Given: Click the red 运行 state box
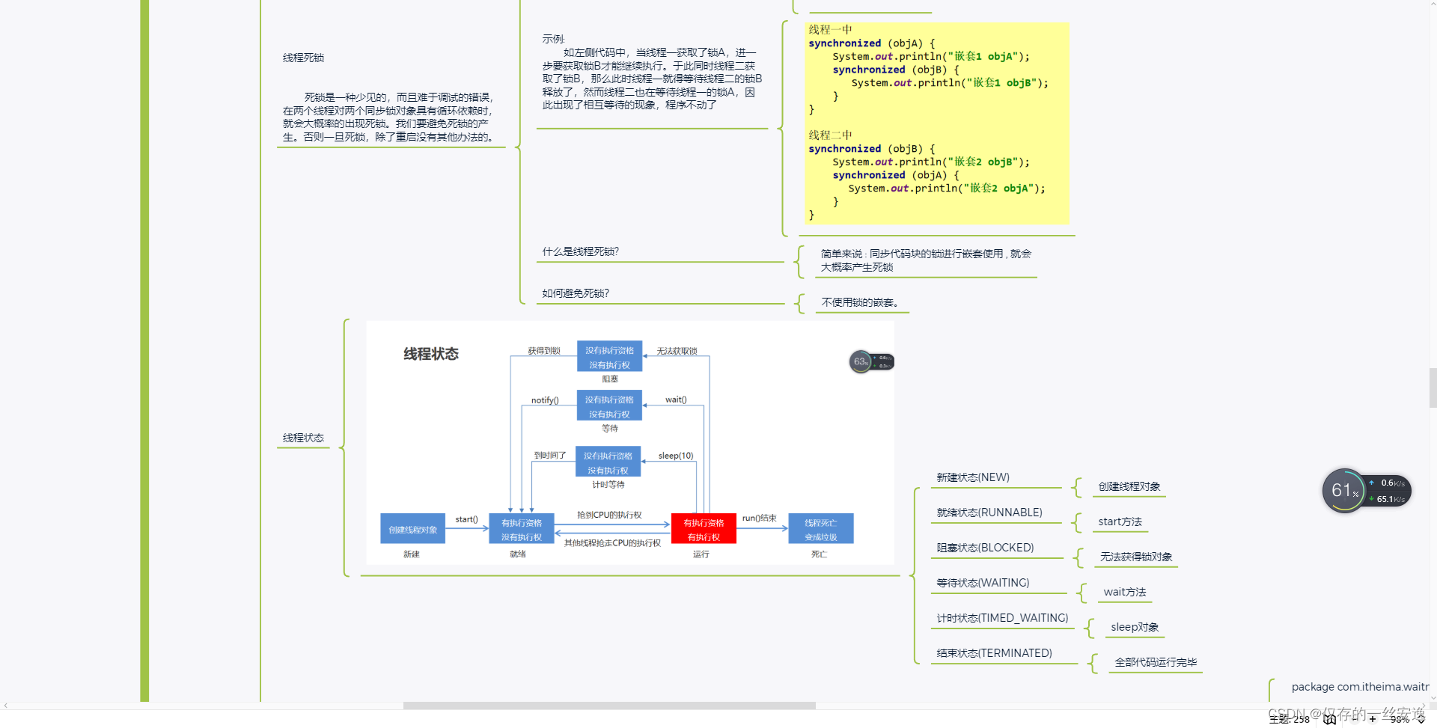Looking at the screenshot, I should pos(704,529).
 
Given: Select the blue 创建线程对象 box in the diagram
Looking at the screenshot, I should pos(412,529).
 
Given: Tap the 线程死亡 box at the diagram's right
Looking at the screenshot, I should pos(820,529).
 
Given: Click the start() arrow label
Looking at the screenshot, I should pos(466,519).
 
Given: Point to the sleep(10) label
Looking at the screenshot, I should pos(676,456).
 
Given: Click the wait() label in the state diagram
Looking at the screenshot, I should pos(676,400).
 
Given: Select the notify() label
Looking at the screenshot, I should pos(545,400).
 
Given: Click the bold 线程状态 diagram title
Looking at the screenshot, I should pos(431,354).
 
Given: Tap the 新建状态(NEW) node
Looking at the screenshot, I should pos(973,477).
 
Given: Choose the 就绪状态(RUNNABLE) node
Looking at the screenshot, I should pos(989,513).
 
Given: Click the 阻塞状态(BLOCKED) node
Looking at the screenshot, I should pos(985,548).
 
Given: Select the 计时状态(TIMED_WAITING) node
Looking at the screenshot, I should pos(1002,618).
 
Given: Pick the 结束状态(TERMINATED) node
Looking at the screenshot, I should pos(994,653).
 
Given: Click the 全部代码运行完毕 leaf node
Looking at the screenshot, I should pos(1156,662).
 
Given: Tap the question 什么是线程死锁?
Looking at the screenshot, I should pos(581,251).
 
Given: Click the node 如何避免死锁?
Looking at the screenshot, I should pos(576,293).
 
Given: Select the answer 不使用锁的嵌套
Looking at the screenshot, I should pos(860,302).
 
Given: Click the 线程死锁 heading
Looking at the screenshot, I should pos(303,58).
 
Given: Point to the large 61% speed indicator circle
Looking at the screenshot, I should pos(1344,491).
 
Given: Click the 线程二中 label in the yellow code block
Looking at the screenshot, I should pos(830,135).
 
